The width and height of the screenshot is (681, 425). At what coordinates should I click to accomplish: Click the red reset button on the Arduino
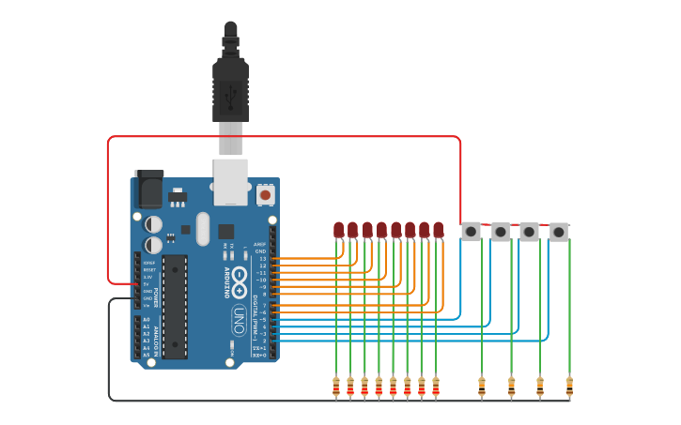coord(265,194)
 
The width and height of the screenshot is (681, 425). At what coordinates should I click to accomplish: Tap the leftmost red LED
coord(338,229)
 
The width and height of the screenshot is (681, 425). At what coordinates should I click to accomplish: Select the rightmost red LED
coord(438,229)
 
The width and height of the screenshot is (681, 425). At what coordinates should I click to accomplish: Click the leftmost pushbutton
coord(472,231)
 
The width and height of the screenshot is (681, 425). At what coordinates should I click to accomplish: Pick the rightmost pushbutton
coord(559,231)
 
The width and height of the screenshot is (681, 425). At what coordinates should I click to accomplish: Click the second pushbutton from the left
coord(501,231)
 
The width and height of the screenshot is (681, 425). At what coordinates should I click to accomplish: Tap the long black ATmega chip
coord(174,306)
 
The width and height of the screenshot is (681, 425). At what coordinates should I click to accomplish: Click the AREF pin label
coord(260,244)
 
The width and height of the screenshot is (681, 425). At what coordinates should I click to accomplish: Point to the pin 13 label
coord(263,258)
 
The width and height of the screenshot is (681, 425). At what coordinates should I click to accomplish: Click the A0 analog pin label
coord(146,320)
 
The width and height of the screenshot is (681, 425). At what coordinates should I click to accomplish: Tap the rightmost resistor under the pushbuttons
coord(569,385)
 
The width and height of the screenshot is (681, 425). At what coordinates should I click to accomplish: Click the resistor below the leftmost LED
coord(336,386)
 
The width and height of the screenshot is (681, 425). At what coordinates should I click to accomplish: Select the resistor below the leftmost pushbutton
coord(482,385)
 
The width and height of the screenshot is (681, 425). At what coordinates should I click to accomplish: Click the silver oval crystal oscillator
coord(203,228)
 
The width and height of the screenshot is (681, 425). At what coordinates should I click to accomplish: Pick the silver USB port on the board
coord(230,180)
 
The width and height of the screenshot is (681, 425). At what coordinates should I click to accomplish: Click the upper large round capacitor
coord(152,224)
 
